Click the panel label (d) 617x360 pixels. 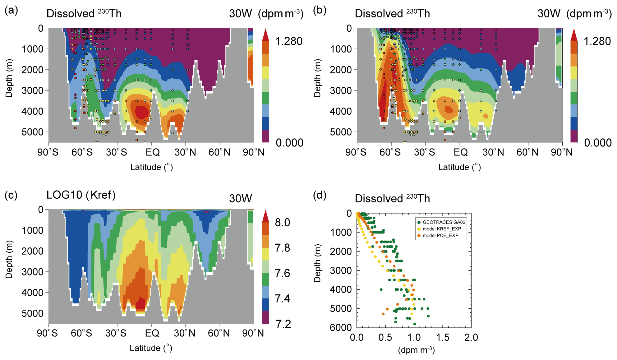(x=320, y=195)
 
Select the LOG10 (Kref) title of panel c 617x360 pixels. (x=81, y=195)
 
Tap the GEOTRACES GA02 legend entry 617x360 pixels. (x=444, y=222)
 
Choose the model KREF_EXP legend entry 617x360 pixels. (x=441, y=229)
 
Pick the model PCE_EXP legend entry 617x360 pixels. (x=440, y=235)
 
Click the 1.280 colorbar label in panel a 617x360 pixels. (x=289, y=41)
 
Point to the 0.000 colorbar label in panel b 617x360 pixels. (x=598, y=143)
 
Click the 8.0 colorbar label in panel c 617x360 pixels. (x=282, y=223)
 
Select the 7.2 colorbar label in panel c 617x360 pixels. (x=283, y=324)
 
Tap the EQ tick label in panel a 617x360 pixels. (x=153, y=152)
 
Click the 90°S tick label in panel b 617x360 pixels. (x=356, y=152)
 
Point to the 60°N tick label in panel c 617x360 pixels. (x=219, y=333)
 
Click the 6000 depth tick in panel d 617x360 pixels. (x=341, y=327)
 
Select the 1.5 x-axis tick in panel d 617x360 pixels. (x=443, y=337)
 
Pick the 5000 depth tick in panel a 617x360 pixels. (x=32, y=132)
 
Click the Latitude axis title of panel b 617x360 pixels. (x=459, y=167)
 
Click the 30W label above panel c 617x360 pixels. (x=240, y=198)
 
